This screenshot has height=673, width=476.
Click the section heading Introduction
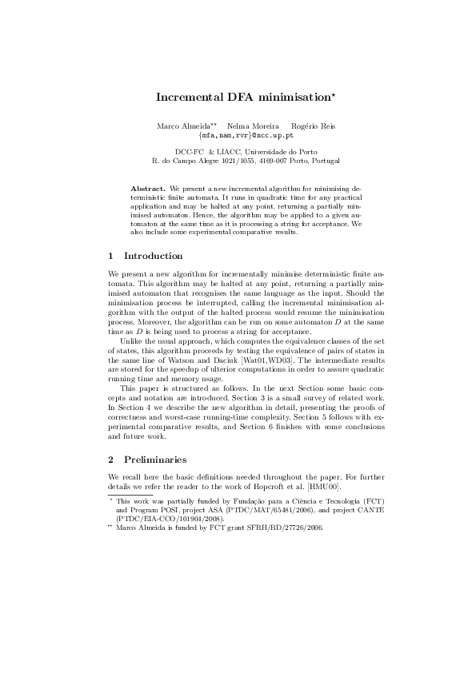[x=154, y=256]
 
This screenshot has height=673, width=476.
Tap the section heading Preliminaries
[x=155, y=460]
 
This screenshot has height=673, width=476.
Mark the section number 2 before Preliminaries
[x=110, y=460]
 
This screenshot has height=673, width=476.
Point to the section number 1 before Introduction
[x=110, y=256]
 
